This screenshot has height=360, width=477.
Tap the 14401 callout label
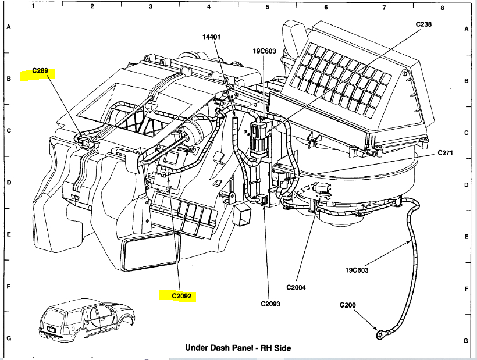[212, 37]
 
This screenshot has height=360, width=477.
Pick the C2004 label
[296, 287]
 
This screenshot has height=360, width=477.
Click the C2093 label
[270, 304]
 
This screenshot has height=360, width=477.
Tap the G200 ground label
[350, 304]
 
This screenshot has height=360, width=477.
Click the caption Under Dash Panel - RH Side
[238, 348]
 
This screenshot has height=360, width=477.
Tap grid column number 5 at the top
[268, 7]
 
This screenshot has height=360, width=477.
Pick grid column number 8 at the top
[442, 7]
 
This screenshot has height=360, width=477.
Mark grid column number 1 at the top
[34, 7]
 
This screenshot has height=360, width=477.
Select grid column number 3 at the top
[151, 7]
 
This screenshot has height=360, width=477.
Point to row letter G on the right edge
[467, 341]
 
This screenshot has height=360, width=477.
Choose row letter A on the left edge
[8, 27]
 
